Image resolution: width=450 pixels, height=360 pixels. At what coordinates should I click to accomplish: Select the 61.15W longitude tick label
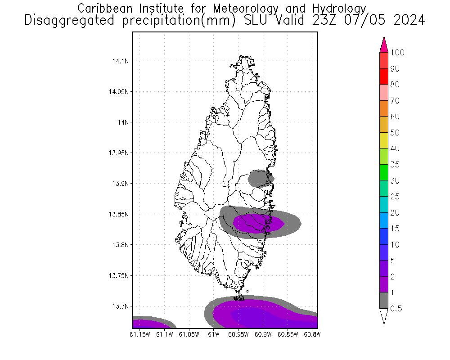pos(139,334)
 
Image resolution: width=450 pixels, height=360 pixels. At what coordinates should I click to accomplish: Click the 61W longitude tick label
pos(213,334)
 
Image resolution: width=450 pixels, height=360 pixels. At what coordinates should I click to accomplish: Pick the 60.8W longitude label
pos(312,334)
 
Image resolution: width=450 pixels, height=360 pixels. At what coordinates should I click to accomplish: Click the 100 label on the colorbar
pos(397,53)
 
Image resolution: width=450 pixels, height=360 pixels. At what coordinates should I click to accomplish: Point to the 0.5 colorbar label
pos(396,309)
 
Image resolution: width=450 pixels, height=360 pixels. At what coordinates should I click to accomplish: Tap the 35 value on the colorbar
pos(395,165)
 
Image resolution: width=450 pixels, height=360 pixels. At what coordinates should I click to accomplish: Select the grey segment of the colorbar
pos(384,300)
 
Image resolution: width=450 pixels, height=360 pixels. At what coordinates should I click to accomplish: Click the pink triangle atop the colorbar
pos(384,45)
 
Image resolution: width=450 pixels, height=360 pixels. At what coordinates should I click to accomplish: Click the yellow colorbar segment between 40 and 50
pos(384,140)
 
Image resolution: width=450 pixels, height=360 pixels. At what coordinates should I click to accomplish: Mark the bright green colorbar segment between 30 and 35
pos(384,172)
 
